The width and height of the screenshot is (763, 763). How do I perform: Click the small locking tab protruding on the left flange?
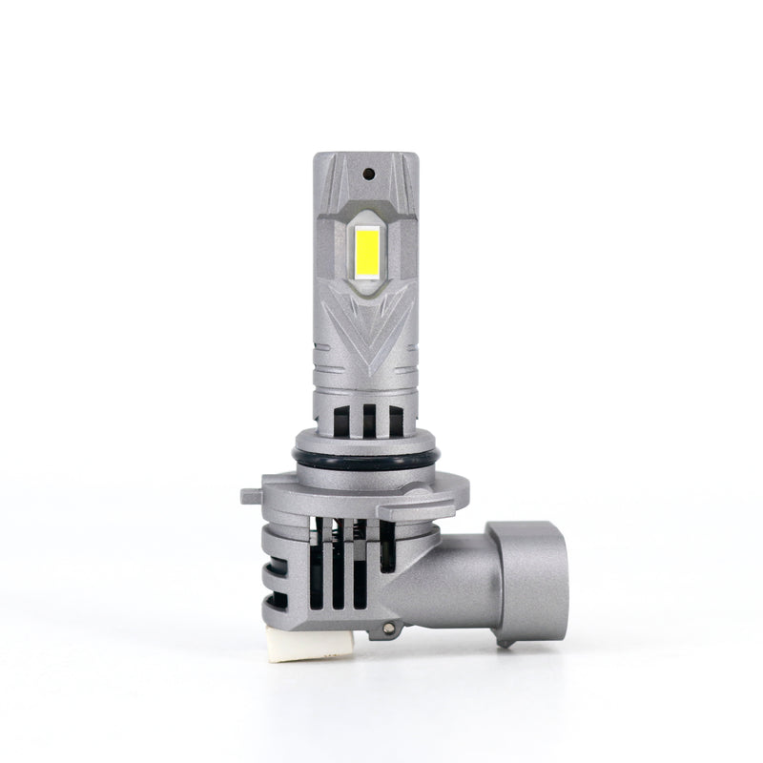[250, 496]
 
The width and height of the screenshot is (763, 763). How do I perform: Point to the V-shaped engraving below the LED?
[367, 329]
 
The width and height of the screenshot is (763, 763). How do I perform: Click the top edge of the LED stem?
[367, 154]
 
